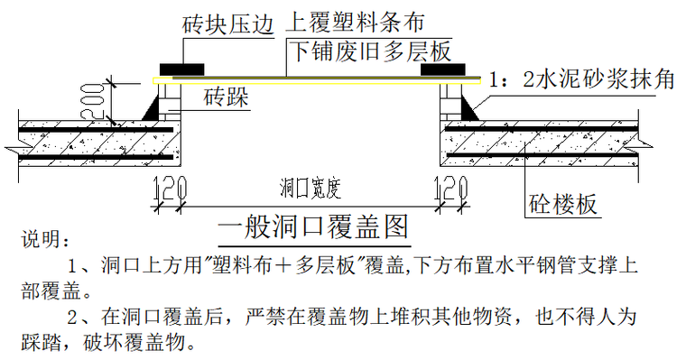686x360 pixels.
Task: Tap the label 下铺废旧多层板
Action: pos(369,50)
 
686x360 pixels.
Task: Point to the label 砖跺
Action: pos(226,96)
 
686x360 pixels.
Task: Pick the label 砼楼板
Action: pos(562,204)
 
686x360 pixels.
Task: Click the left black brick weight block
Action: pos(181,69)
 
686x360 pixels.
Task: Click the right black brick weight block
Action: pos(437,69)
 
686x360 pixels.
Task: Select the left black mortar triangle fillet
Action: pos(153,107)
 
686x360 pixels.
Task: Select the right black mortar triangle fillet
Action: pos(470,107)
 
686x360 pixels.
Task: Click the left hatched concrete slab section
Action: pos(90,141)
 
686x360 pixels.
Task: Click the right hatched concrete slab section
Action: pos(542,141)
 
